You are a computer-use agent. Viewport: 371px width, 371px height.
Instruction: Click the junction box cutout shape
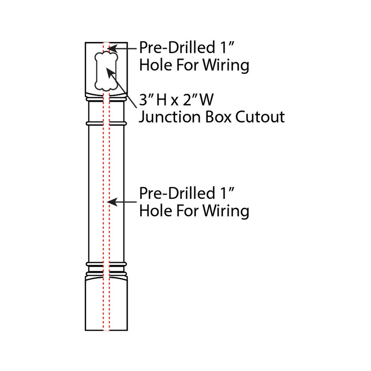[x=97, y=71]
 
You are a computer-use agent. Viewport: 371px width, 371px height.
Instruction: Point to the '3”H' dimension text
[x=153, y=99]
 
